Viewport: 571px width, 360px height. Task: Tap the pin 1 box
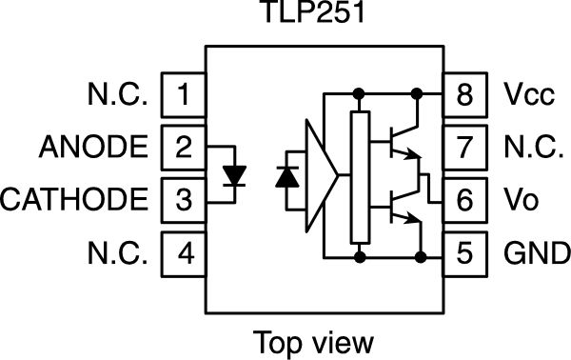(184, 94)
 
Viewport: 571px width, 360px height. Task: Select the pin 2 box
(184, 148)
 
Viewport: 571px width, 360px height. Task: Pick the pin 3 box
(184, 201)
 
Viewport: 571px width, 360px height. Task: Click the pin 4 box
(184, 254)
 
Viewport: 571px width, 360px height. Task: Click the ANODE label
(94, 148)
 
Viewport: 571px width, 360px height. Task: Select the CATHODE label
(75, 201)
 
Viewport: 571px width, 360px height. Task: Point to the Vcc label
(526, 94)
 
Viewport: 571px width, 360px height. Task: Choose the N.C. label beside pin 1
(117, 94)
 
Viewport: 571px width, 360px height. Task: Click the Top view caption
(314, 340)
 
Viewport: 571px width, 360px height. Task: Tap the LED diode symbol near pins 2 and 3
(233, 175)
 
